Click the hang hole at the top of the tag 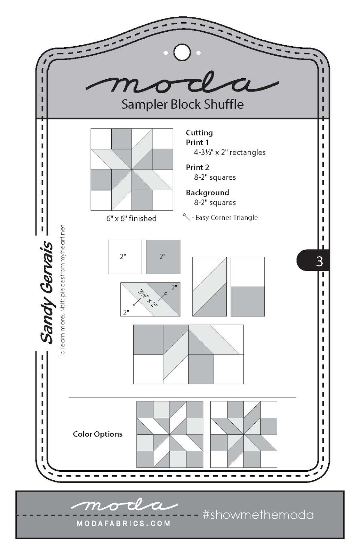pos(182,53)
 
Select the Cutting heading pos(199,133)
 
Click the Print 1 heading pos(197,142)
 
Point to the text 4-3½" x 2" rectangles pos(230,152)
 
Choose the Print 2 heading pos(197,167)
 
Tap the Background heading pos(207,193)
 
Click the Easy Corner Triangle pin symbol pos(186,217)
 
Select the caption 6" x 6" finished pos(131,219)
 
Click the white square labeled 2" pos(125,257)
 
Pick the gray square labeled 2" pos(163,257)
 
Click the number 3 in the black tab pos(319,261)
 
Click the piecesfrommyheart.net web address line pos(62,291)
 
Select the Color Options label pos(98,434)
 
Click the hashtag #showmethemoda pos(258,515)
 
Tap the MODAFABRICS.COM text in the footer pos(123,523)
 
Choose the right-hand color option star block pos(244,434)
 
